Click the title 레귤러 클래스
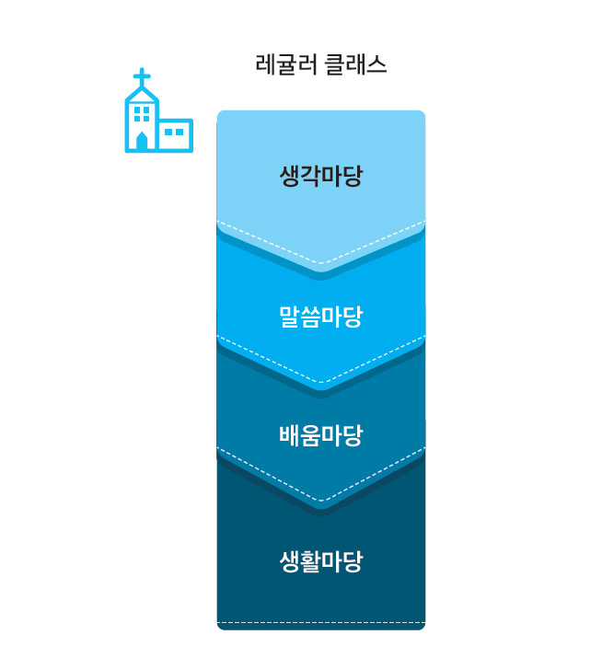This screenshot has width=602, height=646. (321, 64)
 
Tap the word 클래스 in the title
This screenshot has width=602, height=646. (355, 64)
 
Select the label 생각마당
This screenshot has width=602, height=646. (321, 176)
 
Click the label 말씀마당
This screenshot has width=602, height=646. (321, 317)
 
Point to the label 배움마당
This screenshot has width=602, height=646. (321, 435)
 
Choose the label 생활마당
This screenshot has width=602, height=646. (321, 561)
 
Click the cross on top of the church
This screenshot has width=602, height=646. (142, 77)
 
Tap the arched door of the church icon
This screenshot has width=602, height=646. (142, 141)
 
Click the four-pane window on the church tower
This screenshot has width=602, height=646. (142, 114)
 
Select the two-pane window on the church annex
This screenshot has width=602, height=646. (174, 132)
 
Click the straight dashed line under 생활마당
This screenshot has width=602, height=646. (321, 622)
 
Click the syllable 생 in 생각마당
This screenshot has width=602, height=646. (290, 176)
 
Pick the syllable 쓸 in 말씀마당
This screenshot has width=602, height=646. (311, 317)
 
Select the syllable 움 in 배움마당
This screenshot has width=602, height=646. (311, 435)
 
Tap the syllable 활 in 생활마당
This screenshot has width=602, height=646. (311, 561)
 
